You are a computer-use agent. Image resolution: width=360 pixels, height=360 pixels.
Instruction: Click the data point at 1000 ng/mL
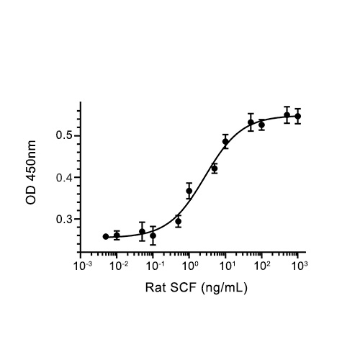tap(297, 116)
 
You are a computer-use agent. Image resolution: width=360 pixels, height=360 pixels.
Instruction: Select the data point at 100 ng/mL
tap(261, 125)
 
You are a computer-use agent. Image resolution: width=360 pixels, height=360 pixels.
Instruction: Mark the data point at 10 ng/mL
tap(225, 142)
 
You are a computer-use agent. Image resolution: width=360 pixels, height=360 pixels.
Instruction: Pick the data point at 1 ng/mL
tap(189, 191)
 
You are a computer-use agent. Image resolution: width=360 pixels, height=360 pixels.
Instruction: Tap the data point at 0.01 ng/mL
tap(117, 235)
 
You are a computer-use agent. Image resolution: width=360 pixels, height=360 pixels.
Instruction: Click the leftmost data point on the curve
tap(106, 236)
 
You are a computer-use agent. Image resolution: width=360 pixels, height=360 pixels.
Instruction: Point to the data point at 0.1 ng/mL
tap(153, 235)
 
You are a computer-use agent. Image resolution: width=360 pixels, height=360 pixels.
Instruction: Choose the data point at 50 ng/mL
tap(251, 122)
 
